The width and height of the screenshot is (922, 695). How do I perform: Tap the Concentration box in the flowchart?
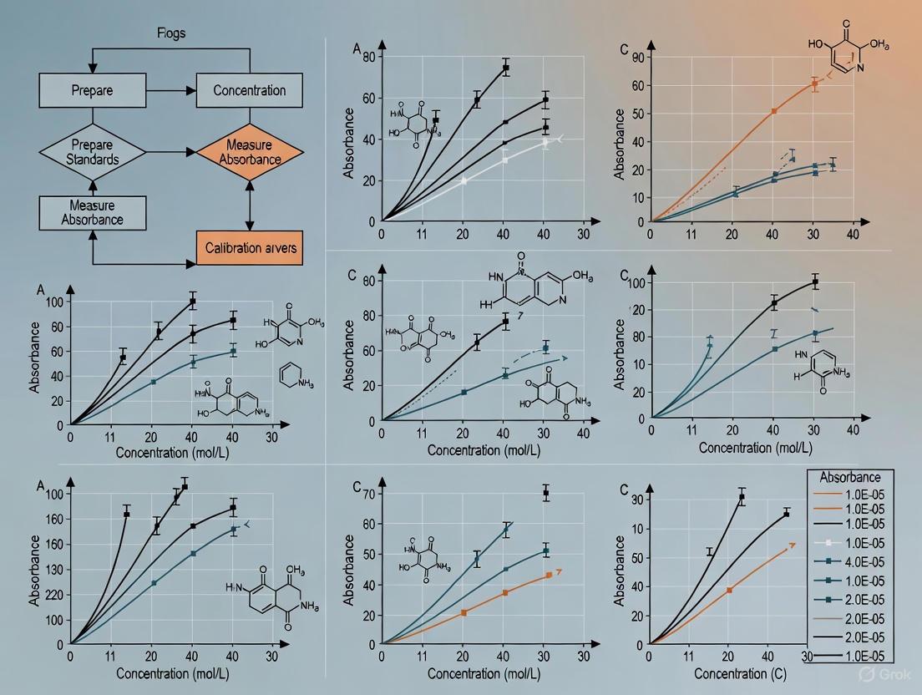pyautogui.click(x=249, y=90)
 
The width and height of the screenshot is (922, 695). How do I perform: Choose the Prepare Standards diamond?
pyautogui.click(x=92, y=151)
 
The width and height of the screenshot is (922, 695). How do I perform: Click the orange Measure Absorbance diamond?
pyautogui.click(x=249, y=151)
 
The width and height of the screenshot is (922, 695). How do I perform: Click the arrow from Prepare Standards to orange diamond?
pyautogui.click(x=171, y=152)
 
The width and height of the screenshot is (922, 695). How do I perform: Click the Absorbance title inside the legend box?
pyautogui.click(x=849, y=477)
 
